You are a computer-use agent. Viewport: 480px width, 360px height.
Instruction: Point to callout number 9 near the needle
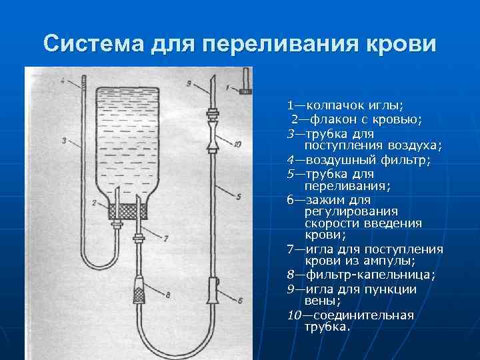click(189, 83)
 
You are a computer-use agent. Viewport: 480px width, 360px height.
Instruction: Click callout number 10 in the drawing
click(237, 143)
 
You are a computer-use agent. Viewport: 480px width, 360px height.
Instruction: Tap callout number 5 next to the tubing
click(238, 195)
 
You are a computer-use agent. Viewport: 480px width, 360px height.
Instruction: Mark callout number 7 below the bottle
click(166, 237)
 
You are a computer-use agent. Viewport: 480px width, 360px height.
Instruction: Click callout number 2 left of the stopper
click(95, 202)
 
